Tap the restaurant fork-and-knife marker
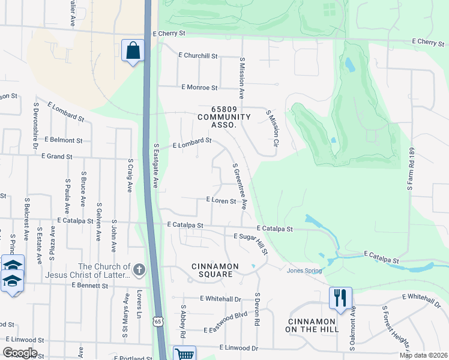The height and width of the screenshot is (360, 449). (x=340, y=298)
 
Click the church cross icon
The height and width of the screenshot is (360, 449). (x=139, y=271)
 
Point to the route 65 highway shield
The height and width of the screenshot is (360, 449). (x=157, y=322)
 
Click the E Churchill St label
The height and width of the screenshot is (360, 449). (x=197, y=55)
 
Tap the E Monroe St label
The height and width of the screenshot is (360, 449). (x=199, y=88)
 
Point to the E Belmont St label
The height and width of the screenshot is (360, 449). (x=63, y=140)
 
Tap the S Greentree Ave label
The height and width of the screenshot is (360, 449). (x=239, y=187)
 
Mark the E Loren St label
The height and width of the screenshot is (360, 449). (x=221, y=200)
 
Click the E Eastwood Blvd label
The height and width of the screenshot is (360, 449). (x=226, y=330)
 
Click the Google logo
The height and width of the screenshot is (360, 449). (x=20, y=353)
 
